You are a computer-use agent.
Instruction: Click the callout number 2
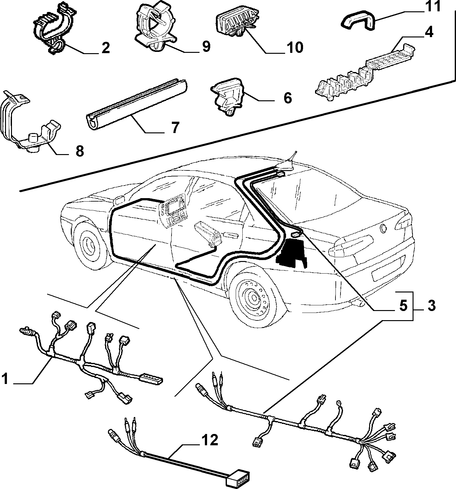pos(105,48)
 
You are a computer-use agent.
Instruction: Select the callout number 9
pos(205,47)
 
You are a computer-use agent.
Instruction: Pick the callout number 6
pos(287,98)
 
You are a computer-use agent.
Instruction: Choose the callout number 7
pos(175,128)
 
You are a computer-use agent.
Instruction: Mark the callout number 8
pos(80,151)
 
